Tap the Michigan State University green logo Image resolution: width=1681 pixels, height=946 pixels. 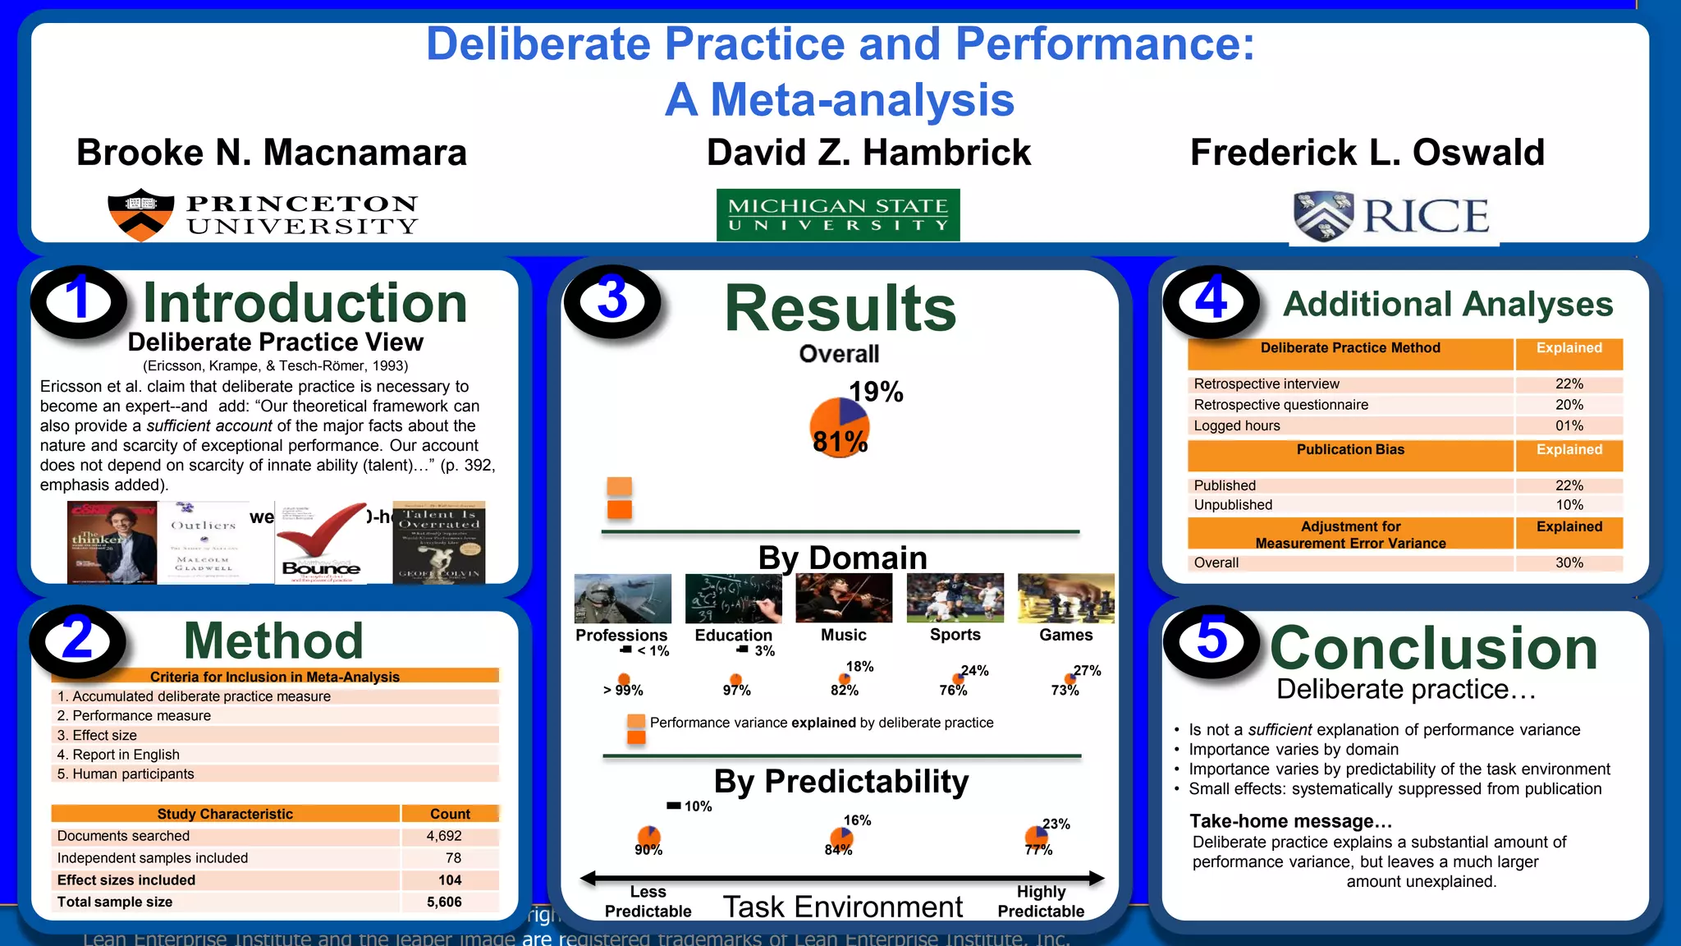tap(838, 215)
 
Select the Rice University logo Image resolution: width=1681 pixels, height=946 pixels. tap(1392, 216)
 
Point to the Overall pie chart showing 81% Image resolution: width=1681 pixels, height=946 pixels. tap(839, 428)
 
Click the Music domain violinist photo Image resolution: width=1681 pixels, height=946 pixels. tap(844, 598)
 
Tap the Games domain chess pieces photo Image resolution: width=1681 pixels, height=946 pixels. tap(1065, 598)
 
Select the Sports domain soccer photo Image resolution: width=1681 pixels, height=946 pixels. tap(955, 598)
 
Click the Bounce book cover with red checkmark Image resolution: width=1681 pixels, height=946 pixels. tap(321, 543)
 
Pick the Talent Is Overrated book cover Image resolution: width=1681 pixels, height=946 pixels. tap(439, 543)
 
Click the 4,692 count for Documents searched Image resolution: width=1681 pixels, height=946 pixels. tap(444, 836)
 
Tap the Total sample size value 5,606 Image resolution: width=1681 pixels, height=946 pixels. tap(444, 902)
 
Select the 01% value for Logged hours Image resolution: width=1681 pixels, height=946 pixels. tap(1569, 425)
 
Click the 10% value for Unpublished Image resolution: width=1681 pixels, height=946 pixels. tap(1569, 505)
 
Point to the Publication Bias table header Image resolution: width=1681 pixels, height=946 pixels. tap(1350, 450)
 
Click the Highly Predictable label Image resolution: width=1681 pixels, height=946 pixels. tap(1041, 901)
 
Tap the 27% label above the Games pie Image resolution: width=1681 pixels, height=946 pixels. tap(1087, 670)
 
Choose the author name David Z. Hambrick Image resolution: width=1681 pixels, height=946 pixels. tap(868, 153)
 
